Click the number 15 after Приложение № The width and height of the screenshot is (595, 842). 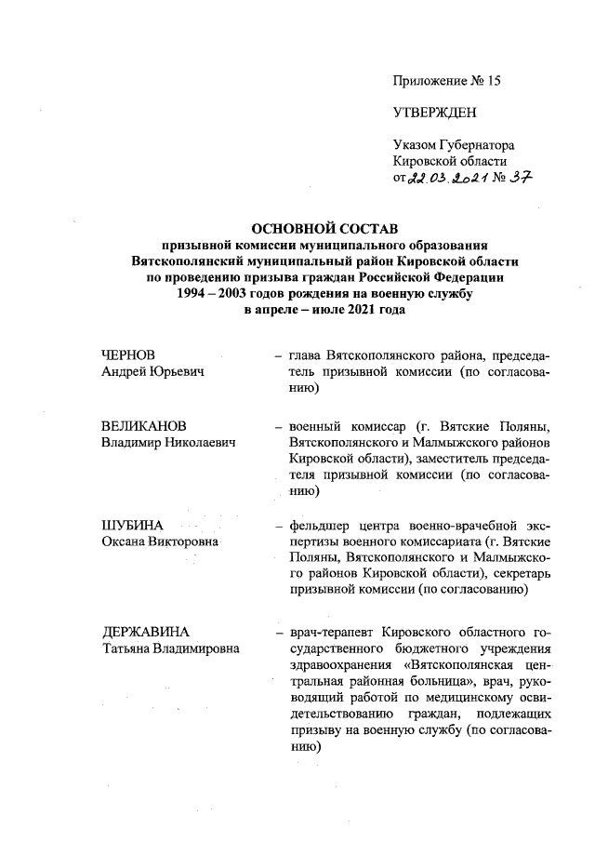[x=492, y=81]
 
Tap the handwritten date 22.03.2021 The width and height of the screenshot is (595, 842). [x=445, y=179]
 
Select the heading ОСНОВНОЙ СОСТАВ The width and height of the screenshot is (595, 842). [x=324, y=228]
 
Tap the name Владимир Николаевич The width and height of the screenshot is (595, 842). [x=168, y=442]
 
